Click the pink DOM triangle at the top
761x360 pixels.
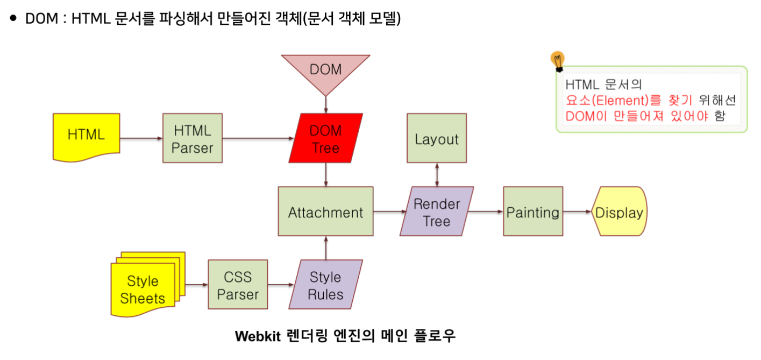pyautogui.click(x=325, y=70)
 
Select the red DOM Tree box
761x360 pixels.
pyautogui.click(x=325, y=138)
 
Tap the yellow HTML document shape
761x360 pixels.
pyautogui.click(x=86, y=136)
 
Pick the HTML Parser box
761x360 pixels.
pyautogui.click(x=193, y=138)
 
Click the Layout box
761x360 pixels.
pyautogui.click(x=436, y=138)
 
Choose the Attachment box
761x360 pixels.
pyautogui.click(x=325, y=211)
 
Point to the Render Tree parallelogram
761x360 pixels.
pyautogui.click(x=436, y=211)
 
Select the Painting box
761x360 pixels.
pyautogui.click(x=532, y=211)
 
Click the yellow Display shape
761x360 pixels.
pyautogui.click(x=619, y=212)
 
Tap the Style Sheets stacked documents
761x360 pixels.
pyautogui.click(x=144, y=285)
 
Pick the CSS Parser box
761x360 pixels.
pyautogui.click(x=238, y=285)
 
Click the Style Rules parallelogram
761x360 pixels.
pyautogui.click(x=325, y=285)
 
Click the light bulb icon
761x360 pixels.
pyautogui.click(x=558, y=61)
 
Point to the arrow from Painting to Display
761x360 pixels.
pyautogui.click(x=577, y=212)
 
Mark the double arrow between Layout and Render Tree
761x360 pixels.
pyautogui.click(x=436, y=174)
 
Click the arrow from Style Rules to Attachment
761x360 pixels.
pyautogui.click(x=325, y=248)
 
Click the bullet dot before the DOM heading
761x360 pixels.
pyautogui.click(x=13, y=18)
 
